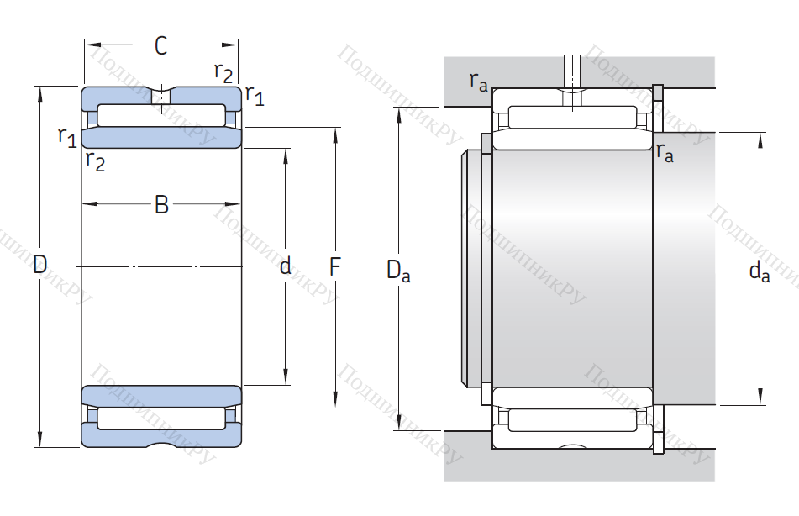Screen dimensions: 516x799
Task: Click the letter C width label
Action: point(161,46)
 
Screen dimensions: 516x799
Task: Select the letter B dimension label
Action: point(161,204)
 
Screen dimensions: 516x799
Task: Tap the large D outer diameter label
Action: point(39,266)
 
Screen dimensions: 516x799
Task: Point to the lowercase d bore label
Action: point(286,266)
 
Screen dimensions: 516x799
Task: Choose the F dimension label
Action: point(335,267)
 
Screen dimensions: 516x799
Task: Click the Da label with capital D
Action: point(397,271)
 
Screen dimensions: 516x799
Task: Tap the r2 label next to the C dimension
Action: point(223,72)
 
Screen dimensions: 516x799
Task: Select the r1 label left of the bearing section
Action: point(67,135)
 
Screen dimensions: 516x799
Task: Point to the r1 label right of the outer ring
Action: point(255,96)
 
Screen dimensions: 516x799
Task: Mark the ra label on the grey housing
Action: point(478,82)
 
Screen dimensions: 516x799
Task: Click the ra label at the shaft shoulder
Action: point(665,154)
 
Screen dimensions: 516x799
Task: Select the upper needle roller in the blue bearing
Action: point(161,113)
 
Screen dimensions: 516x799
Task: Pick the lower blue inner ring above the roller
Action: point(161,396)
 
